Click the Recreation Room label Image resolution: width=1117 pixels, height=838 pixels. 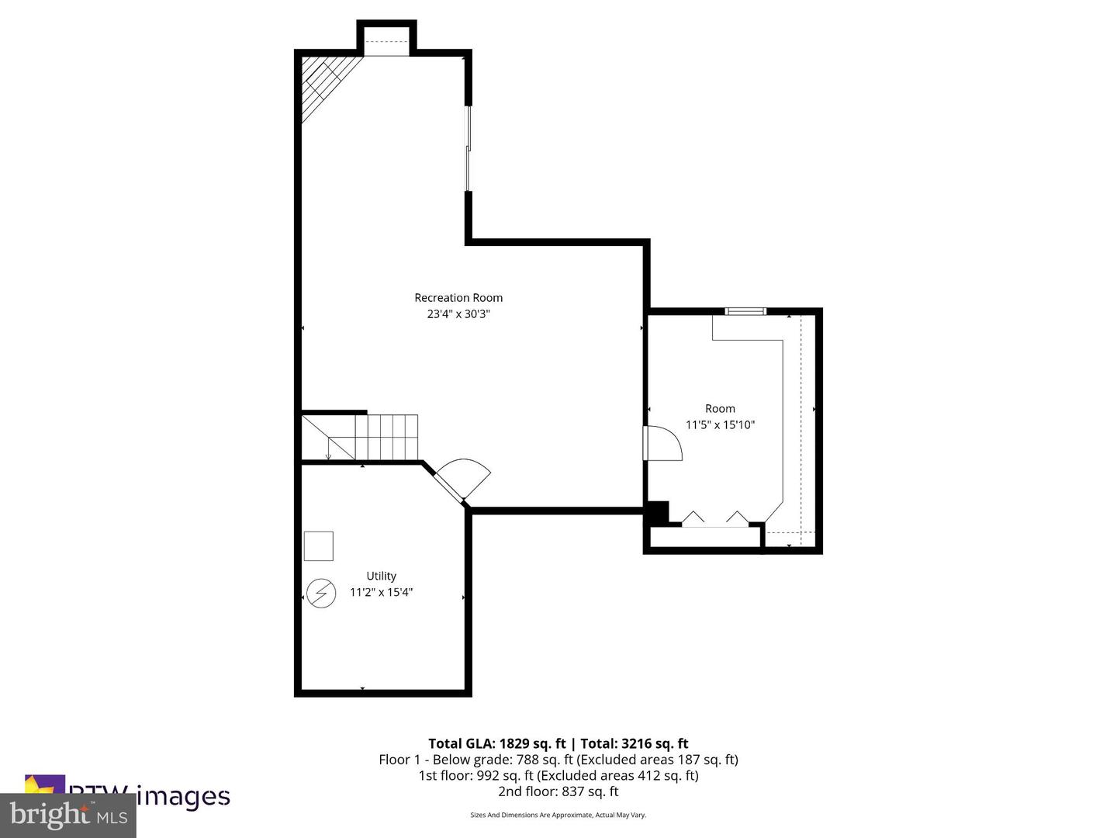pyautogui.click(x=458, y=298)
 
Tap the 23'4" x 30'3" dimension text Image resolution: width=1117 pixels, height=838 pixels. pyautogui.click(x=458, y=314)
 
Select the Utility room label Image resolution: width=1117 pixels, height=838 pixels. pyautogui.click(x=381, y=576)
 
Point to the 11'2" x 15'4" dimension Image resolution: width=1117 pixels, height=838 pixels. pyautogui.click(x=381, y=592)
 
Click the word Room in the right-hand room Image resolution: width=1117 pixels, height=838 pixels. pyautogui.click(x=720, y=409)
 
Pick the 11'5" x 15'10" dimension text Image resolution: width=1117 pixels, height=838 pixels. pyautogui.click(x=720, y=425)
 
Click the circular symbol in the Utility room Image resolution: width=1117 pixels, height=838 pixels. pyautogui.click(x=321, y=594)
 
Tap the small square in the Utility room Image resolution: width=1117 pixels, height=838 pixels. pyautogui.click(x=318, y=546)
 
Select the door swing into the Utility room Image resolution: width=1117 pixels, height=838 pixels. pyautogui.click(x=464, y=477)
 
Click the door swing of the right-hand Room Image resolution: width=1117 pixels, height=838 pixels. pyautogui.click(x=662, y=443)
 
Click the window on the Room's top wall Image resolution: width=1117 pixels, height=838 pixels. pyautogui.click(x=745, y=312)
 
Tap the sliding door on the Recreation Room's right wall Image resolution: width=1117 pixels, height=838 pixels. pyautogui.click(x=468, y=148)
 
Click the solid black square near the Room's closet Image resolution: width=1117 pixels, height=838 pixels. pyautogui.click(x=657, y=512)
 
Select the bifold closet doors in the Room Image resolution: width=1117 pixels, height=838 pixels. pyautogui.click(x=714, y=519)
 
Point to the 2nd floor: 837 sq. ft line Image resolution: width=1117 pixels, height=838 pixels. pyautogui.click(x=558, y=791)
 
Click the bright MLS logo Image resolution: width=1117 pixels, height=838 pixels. pyautogui.click(x=68, y=815)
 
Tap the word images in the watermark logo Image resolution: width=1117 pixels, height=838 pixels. pyautogui.click(x=183, y=796)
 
